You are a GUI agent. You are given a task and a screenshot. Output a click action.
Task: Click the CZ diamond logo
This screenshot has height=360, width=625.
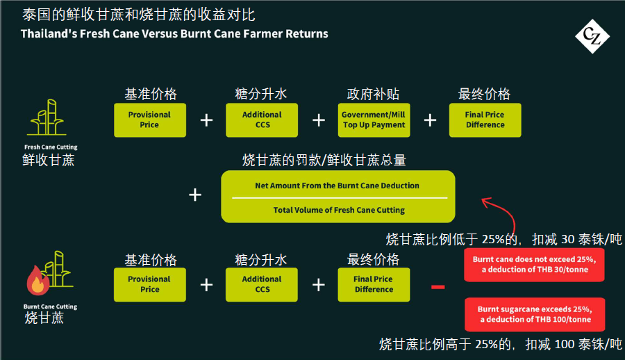coord(592,36)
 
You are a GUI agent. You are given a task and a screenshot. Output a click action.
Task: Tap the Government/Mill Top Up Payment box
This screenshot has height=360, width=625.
coord(374,120)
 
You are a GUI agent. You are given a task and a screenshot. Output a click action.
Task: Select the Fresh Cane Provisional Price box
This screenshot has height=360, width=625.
coord(150,120)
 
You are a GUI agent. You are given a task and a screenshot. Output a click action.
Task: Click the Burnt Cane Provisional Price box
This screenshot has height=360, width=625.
coord(150,284)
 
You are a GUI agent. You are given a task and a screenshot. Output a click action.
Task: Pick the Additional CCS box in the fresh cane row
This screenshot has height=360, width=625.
coord(262,120)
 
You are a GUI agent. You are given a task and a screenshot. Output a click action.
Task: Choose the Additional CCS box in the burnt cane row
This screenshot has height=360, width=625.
coord(262,284)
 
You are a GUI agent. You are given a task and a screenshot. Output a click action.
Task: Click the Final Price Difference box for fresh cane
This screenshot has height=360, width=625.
coord(485,120)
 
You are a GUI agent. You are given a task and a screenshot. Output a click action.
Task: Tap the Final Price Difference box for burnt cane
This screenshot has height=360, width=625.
coord(374,284)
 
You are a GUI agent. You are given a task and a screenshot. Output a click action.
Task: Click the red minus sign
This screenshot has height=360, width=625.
coord(437,287)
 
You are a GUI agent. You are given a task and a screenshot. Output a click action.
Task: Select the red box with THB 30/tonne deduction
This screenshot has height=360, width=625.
coord(534,265)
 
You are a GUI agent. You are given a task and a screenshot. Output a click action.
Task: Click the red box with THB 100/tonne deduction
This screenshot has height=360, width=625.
coord(535,315)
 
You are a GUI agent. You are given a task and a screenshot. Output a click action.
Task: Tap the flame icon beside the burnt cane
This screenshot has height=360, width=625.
coord(37,281)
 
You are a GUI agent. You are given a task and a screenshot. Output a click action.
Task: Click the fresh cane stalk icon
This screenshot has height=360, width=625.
coord(47,117)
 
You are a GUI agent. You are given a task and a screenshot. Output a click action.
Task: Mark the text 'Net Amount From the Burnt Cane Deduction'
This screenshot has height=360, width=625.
coord(337,186)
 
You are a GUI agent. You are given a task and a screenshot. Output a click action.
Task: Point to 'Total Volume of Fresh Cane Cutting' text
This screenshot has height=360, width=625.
coord(339,210)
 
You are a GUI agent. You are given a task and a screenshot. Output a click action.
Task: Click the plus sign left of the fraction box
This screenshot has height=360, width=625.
coord(195,195)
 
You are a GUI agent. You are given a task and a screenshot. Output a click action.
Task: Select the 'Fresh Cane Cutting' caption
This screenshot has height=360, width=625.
coord(51,147)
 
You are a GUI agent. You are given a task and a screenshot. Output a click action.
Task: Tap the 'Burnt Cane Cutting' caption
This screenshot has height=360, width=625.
coord(50,306)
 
